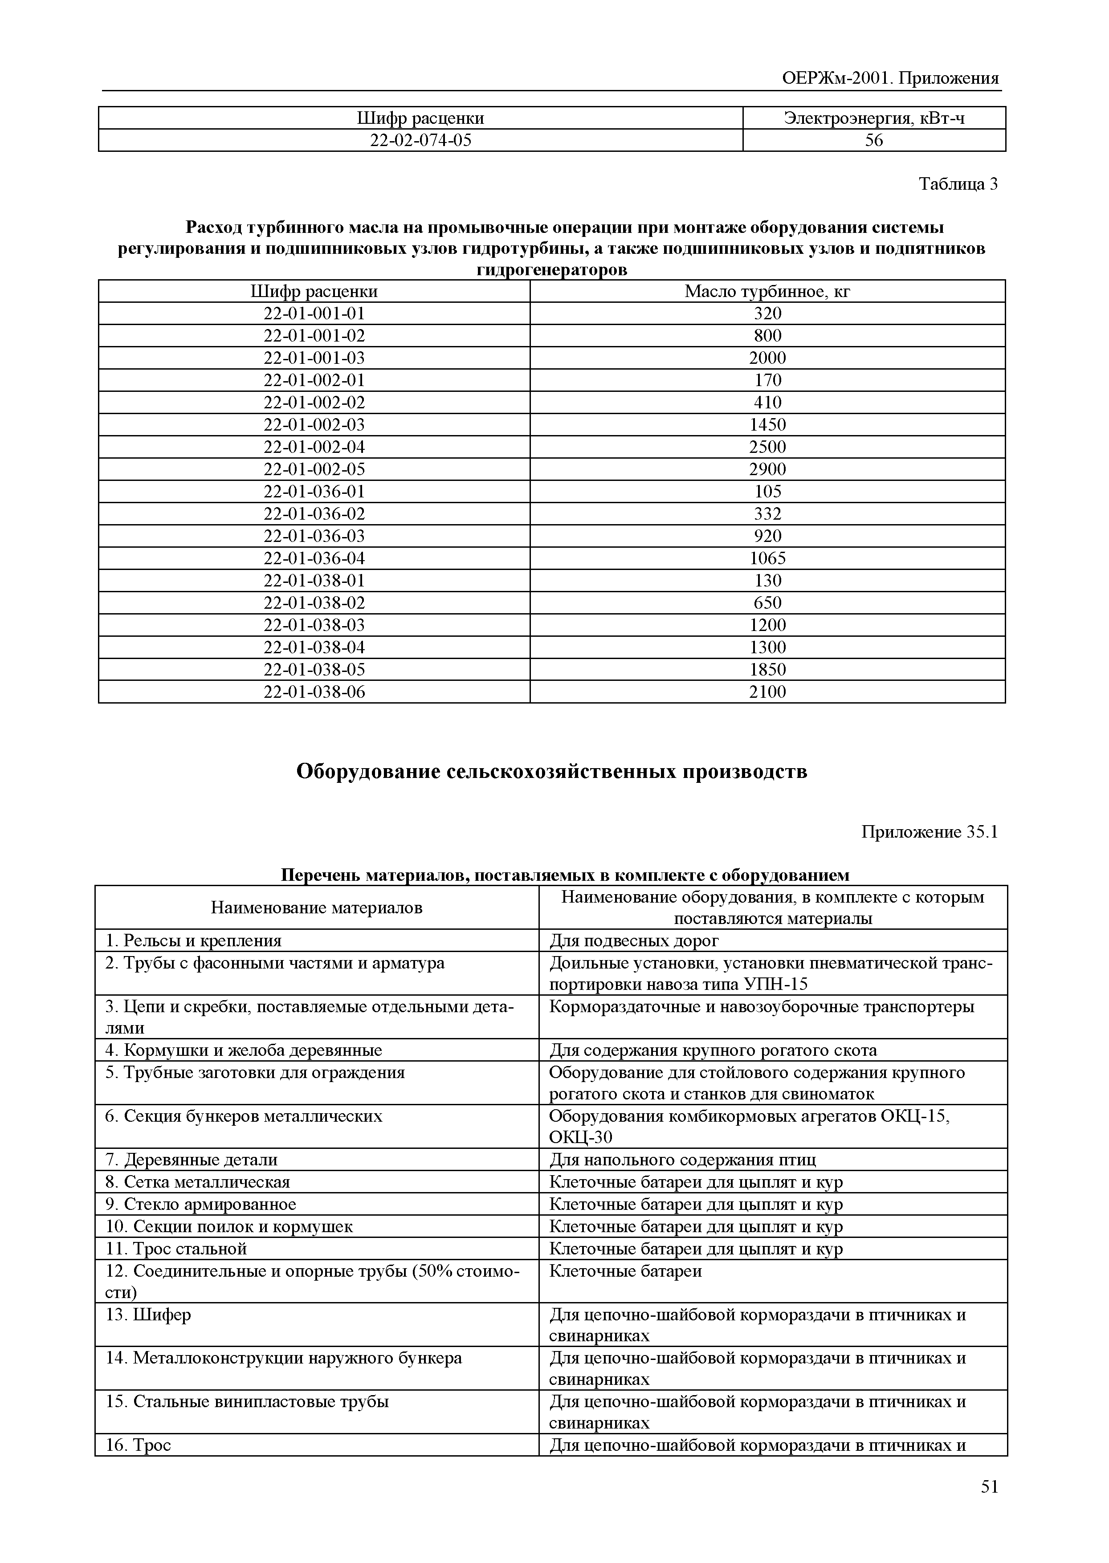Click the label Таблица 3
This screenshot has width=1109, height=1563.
click(x=958, y=184)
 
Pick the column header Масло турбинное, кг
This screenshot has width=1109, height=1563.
click(x=767, y=292)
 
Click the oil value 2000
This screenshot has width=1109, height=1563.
click(x=767, y=358)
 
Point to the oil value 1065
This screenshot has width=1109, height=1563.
click(x=767, y=558)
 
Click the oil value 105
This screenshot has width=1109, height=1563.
click(x=767, y=492)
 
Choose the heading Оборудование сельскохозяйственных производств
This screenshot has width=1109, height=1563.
click(x=552, y=772)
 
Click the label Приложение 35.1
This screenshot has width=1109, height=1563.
click(x=930, y=832)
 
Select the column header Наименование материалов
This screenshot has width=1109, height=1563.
click(x=316, y=908)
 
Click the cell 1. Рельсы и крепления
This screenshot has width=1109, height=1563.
click(x=193, y=941)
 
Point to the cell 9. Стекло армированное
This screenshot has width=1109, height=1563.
click(x=201, y=1204)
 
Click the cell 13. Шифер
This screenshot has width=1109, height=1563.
click(x=148, y=1315)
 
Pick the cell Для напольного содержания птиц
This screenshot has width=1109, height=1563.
click(x=682, y=1160)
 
